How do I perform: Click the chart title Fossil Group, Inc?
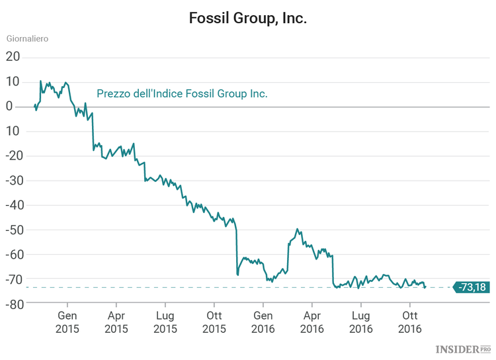248,18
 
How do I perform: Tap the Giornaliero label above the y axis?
27,38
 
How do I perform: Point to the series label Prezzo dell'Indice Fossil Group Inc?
182,94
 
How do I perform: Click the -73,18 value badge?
472,287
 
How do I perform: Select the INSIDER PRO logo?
463,349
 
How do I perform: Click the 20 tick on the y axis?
13,57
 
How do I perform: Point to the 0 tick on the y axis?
10,107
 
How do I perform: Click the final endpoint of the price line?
425,287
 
